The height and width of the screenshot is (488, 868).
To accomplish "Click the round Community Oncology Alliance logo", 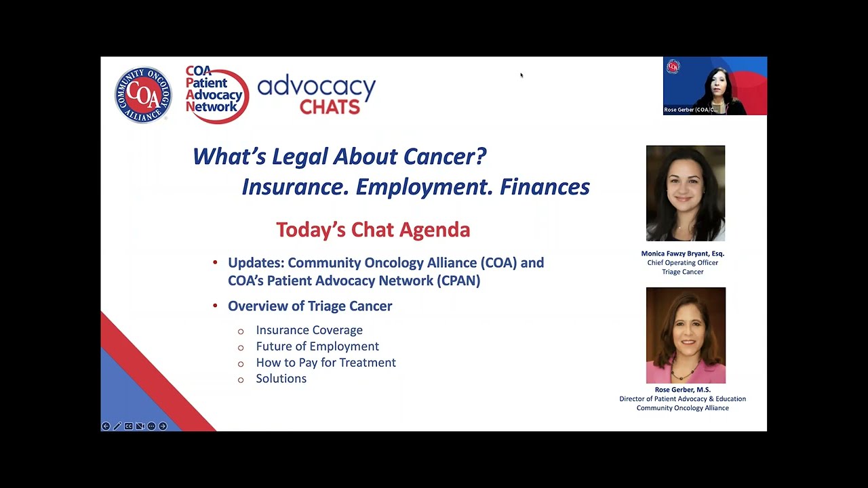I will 143,95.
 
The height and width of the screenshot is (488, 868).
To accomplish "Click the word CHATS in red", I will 330,106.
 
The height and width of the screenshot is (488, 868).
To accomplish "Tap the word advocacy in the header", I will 316,86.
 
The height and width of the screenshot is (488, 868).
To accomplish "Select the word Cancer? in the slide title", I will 445,157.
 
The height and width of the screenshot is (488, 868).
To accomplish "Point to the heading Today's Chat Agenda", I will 373,230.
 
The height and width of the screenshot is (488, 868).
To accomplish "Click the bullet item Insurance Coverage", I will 309,330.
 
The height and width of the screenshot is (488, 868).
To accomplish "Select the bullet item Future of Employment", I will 317,346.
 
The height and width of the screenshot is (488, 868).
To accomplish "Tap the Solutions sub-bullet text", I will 281,379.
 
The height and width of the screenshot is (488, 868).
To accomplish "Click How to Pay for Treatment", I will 325,363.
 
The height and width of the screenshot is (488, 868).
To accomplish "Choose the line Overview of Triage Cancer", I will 310,306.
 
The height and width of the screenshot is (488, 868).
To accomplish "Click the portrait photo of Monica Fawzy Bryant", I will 685,193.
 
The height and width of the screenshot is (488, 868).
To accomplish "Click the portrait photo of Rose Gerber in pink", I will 686,335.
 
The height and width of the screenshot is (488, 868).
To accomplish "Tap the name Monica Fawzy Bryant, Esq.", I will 682,253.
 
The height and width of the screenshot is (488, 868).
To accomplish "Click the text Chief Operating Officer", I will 682,263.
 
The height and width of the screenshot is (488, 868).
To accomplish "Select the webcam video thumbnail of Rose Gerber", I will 715,86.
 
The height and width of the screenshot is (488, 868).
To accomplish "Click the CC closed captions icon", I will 128,426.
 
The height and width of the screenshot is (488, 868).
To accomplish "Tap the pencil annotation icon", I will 117,426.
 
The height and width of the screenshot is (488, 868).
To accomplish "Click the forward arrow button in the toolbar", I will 163,426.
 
